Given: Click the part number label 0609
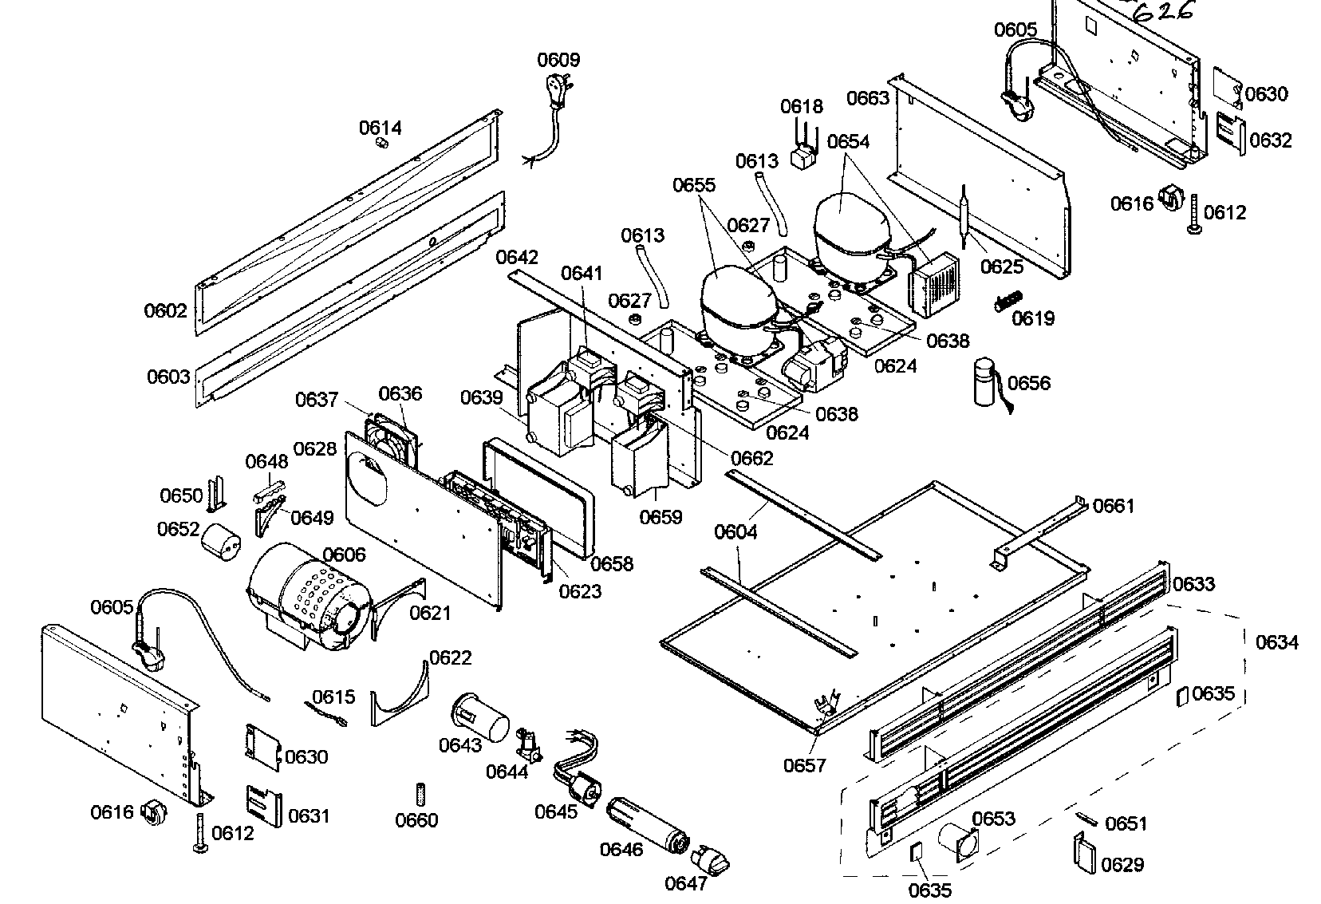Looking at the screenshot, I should coord(558,60).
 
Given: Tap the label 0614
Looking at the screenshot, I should coord(381,128).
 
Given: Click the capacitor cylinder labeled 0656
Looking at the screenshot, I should coord(988,384).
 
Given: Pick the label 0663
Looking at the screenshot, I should coord(868,98).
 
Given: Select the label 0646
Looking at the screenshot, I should coord(621,848).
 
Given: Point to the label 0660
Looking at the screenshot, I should coord(416,819).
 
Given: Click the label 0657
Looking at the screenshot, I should coord(804,765).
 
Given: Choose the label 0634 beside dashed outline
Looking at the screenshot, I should coord(1276,642).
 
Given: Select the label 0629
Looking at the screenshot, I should coord(1122,864).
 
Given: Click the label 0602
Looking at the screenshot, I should coord(166,310).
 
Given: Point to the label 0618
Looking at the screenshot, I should coord(801,107).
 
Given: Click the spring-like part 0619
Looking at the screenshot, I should coord(1009,302).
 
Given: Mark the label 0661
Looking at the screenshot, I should coord(1114,506).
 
